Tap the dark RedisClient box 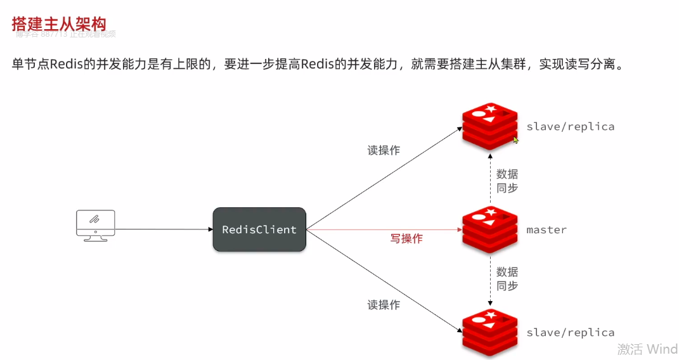click(259, 229)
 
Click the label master click(546, 229)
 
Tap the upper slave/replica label click(570, 126)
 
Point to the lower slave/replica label click(570, 332)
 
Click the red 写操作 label click(406, 238)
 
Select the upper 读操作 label click(384, 150)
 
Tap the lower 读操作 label click(384, 305)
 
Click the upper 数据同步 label click(507, 181)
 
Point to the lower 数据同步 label click(507, 279)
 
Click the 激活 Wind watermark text click(647, 349)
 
